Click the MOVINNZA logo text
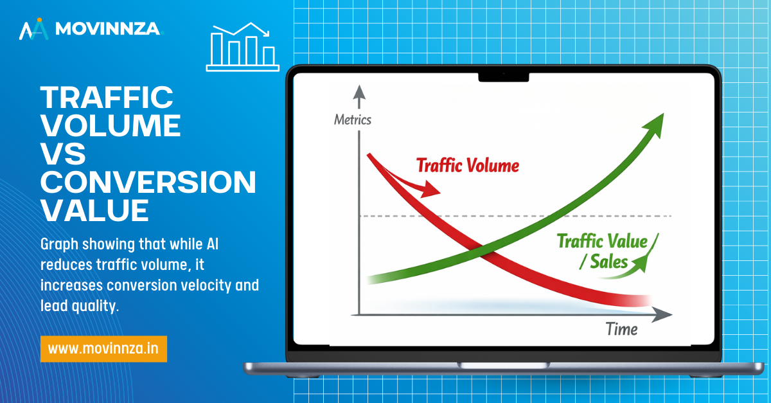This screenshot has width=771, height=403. tap(108, 28)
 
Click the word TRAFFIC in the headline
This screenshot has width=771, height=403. tap(107, 97)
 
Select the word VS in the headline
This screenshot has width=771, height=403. tap(63, 154)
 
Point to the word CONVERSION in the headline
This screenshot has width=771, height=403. tap(148, 182)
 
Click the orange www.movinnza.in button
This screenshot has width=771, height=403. tap(103, 348)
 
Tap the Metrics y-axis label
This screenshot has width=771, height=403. tap(353, 120)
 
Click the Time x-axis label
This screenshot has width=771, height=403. tap(622, 329)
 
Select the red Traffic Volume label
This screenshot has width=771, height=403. tap(468, 165)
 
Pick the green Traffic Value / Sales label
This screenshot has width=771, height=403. tap(603, 251)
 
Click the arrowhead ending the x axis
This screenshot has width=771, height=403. tap(662, 314)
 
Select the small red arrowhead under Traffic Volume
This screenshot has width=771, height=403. tap(430, 190)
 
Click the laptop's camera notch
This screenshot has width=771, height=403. tap(504, 77)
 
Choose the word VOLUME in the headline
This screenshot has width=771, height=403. tap(111, 125)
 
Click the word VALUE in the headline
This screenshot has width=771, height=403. tap(94, 210)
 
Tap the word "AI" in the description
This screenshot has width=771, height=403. tap(213, 244)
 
